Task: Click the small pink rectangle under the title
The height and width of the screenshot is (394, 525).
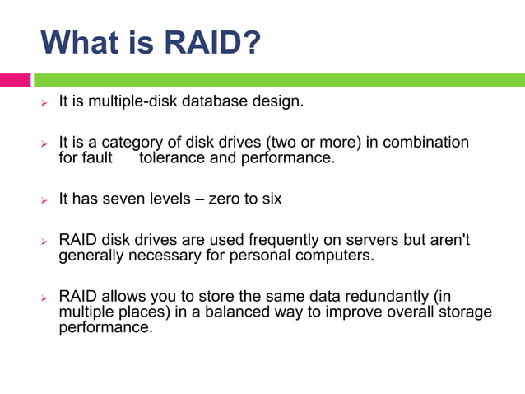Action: tap(15, 80)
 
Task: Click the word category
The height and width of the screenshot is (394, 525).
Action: tap(132, 143)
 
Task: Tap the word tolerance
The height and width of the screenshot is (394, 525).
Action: tap(171, 157)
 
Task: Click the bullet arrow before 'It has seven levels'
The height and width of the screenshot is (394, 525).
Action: tap(46, 199)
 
